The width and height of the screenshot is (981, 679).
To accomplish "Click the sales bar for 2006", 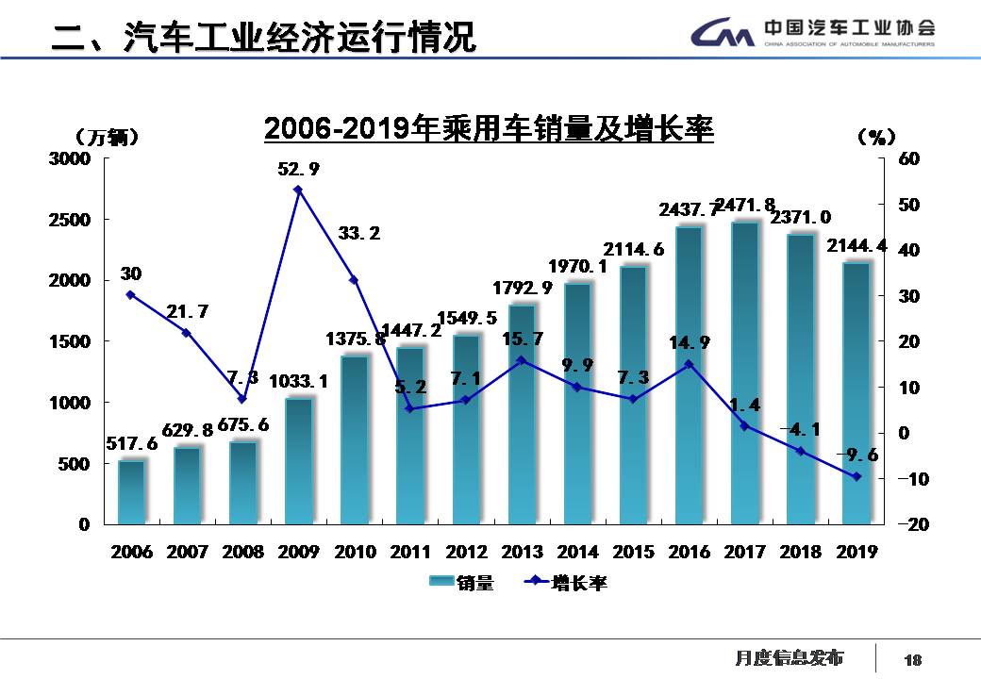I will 131,491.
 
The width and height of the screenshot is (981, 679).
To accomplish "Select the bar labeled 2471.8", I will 744,373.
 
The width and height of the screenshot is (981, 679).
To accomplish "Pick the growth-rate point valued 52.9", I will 298,190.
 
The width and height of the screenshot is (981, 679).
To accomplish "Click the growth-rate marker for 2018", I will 800,451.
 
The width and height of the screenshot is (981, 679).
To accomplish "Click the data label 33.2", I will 358,233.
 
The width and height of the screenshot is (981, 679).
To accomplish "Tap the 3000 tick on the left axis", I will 71,158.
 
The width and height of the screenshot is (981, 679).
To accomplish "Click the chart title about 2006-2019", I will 489,128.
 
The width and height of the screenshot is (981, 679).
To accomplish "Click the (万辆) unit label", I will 107,138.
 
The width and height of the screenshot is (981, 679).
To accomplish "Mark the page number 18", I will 913,660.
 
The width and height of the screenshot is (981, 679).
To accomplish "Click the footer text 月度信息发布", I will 789,658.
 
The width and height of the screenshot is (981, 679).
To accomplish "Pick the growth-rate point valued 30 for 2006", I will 130,294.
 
